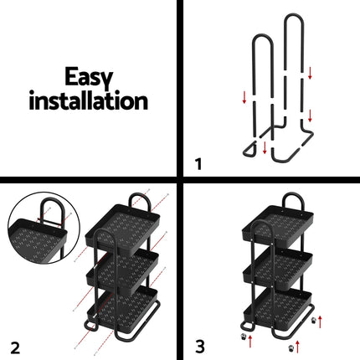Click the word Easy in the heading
(89, 78)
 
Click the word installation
(89, 103)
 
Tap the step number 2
(14, 344)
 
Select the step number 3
(198, 344)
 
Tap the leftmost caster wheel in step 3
(249, 337)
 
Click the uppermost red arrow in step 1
(310, 73)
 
